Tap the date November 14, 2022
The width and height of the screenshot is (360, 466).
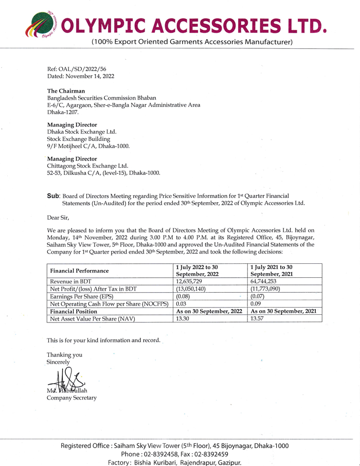tap(89, 76)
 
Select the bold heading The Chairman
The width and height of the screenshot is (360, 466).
tap(66, 91)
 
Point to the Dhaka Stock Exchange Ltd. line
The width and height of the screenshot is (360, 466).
tap(82, 132)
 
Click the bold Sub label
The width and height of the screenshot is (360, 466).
tap(53, 196)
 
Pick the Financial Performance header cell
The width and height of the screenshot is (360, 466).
tap(79, 271)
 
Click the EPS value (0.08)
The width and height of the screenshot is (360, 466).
tap(184, 297)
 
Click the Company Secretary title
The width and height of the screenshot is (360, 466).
tap(71, 398)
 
